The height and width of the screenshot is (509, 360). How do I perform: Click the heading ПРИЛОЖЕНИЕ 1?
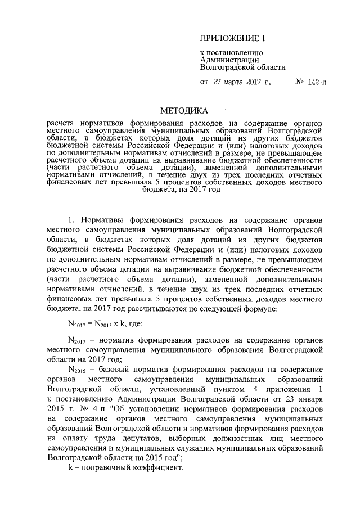pyautogui.click(x=232, y=39)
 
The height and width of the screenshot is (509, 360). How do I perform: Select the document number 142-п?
pyautogui.click(x=317, y=82)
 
